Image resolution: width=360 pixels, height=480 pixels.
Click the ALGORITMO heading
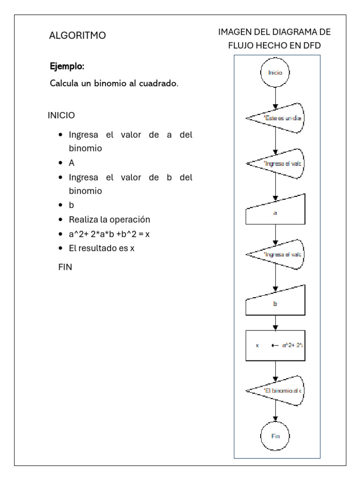point(77,35)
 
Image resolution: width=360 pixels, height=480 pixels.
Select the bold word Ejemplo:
point(67,67)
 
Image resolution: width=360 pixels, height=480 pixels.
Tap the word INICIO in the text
point(60,115)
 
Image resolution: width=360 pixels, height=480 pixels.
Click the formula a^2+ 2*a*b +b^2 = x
point(109,234)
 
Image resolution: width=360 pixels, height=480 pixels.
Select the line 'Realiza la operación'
point(109,219)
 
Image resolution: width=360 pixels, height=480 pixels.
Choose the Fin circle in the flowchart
point(275,435)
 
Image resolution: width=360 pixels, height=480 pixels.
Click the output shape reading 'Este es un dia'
point(277,118)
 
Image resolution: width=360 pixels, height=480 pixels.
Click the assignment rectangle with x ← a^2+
point(275,345)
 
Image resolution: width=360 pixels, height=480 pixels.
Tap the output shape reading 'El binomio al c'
point(277,390)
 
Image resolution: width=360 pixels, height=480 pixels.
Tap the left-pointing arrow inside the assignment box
point(275,345)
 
